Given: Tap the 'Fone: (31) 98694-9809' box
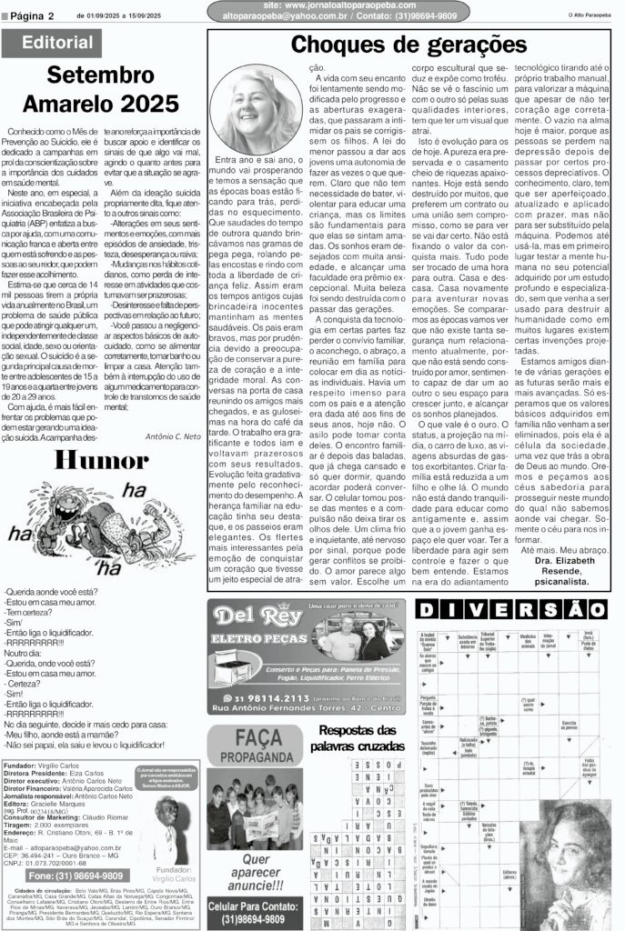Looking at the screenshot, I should click(x=65, y=875).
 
